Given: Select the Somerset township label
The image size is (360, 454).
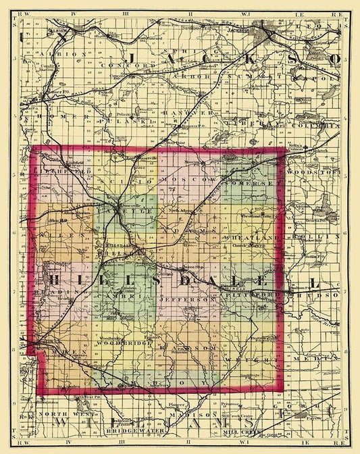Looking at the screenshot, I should click(x=255, y=182).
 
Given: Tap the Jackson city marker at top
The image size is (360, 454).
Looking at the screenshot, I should click(x=263, y=31).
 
